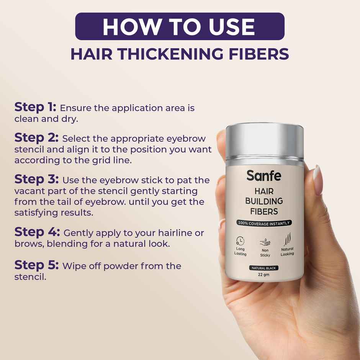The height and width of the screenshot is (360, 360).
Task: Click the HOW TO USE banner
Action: click(180, 26)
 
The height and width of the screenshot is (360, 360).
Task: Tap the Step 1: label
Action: click(35, 107)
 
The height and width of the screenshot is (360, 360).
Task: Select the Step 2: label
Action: click(36, 138)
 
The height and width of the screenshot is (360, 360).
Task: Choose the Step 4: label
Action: click(37, 232)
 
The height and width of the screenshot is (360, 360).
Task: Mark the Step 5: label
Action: click(36, 265)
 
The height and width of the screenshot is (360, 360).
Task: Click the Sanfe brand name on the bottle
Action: click(263, 176)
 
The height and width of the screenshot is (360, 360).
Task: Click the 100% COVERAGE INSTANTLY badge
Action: click(264, 223)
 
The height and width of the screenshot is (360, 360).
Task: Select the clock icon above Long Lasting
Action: click(241, 241)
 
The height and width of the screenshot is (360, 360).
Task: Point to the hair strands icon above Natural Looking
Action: click(287, 240)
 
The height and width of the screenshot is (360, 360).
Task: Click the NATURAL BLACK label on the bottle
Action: click(264, 268)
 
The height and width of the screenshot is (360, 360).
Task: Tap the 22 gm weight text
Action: click(264, 275)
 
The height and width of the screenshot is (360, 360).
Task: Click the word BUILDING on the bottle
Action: click(264, 201)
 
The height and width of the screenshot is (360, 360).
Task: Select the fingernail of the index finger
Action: click(317, 175)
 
